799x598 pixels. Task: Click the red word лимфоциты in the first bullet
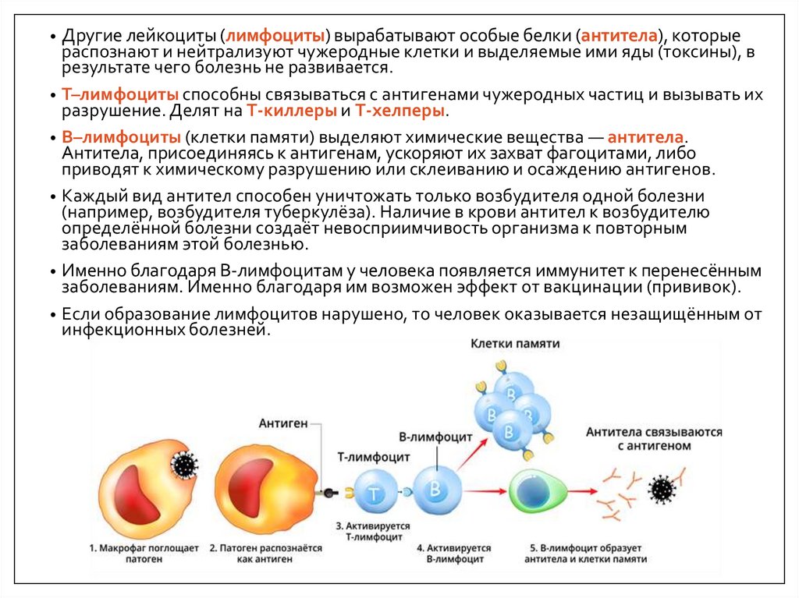[x=276, y=37]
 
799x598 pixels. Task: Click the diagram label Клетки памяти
[x=514, y=343]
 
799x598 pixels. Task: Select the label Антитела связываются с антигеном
[x=654, y=438]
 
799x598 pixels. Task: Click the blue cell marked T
[x=375, y=492]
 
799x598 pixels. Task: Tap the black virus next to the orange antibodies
[x=662, y=490]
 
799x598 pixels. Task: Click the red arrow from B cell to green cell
[x=484, y=491]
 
